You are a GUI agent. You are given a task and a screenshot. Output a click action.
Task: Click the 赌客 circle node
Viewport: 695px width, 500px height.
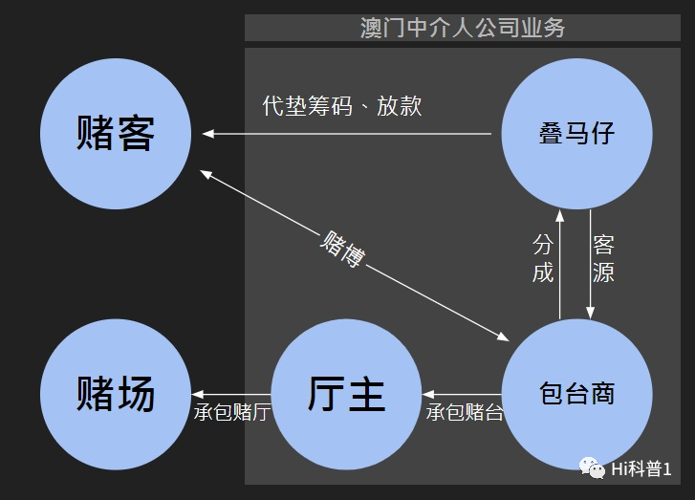pos(116,134)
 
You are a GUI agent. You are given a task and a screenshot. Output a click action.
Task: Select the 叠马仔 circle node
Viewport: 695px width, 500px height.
pos(576,134)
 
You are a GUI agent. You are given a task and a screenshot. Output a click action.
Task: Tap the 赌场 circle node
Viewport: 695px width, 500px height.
pos(116,393)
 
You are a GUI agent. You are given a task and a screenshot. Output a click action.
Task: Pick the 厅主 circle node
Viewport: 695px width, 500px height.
pos(346,393)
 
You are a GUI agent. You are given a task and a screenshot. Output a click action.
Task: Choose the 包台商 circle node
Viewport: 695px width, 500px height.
pos(576,393)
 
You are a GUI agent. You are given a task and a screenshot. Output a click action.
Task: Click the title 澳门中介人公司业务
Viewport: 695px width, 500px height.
pos(463,27)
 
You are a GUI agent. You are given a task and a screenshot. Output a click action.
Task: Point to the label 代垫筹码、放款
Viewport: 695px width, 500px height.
pos(341,105)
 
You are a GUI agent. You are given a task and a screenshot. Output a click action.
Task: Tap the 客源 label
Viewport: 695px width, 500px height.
pos(603,258)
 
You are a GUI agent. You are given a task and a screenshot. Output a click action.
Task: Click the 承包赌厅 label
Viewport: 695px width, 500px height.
pos(231,412)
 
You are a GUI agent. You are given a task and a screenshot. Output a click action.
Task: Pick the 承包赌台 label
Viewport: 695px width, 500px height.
pos(465,412)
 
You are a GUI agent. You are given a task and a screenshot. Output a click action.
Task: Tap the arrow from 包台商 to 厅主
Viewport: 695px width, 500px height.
pos(462,393)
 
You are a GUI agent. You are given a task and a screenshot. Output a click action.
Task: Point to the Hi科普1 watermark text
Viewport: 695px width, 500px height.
pos(641,468)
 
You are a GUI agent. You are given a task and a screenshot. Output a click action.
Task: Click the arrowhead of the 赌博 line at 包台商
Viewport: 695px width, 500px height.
pos(504,337)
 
